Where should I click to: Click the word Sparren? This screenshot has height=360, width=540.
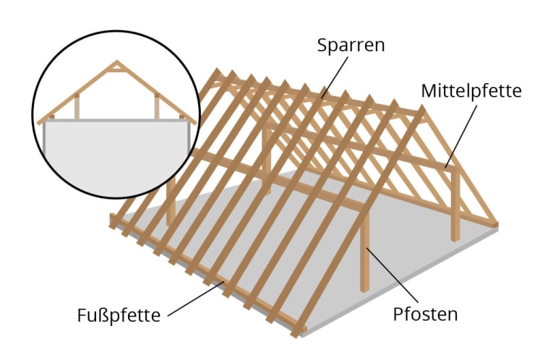coord(351,45)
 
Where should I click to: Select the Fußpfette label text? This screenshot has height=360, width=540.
coord(119,316)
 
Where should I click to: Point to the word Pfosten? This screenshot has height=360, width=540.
coord(426,315)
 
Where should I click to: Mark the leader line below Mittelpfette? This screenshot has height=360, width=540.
coord(462,134)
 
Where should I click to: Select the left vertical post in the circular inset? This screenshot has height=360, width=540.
coord(76,107)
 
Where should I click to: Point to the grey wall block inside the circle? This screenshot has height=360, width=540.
coord(116,155)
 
